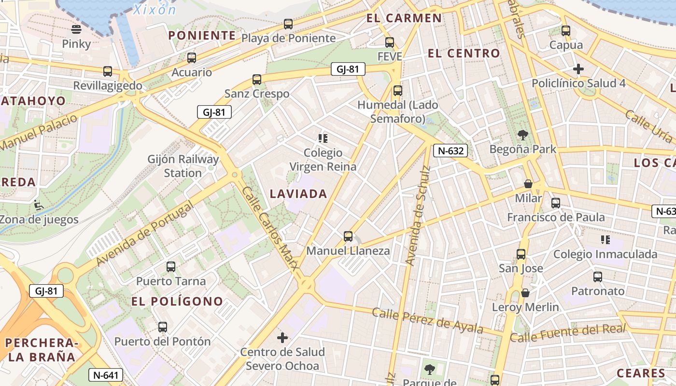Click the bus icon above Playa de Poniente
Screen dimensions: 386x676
click(288, 24)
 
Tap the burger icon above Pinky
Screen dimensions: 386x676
click(76, 29)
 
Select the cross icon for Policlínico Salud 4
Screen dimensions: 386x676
click(578, 69)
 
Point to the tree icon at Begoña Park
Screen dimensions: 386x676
click(522, 135)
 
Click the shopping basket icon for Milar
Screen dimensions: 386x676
click(528, 184)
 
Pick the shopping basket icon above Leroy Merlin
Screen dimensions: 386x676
click(525, 292)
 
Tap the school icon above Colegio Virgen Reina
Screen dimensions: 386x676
click(323, 138)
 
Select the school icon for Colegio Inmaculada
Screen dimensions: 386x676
click(605, 240)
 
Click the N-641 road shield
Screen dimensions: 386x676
click(106, 375)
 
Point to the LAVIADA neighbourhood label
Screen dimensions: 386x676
click(298, 194)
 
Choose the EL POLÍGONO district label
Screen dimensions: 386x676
click(177, 302)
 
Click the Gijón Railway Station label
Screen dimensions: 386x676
click(183, 165)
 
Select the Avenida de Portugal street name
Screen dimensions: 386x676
click(145, 234)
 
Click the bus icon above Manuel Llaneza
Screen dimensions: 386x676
click(348, 236)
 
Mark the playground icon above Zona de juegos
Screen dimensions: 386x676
click(38, 205)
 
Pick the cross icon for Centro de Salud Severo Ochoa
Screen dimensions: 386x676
click(282, 338)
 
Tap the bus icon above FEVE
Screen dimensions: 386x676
click(390, 42)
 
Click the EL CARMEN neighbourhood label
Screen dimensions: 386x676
click(404, 18)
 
